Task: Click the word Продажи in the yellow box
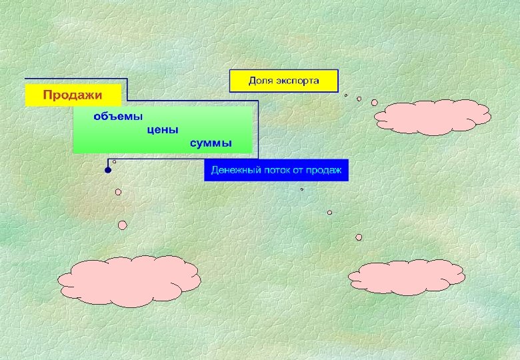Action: (73, 95)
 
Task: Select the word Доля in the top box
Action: (260, 81)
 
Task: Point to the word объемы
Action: (118, 116)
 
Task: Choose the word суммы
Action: (211, 143)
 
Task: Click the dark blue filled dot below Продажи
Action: (108, 171)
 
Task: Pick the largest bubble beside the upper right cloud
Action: (374, 103)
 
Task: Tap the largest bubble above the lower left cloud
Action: (123, 225)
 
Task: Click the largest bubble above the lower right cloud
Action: (359, 237)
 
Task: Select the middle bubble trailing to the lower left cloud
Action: (118, 192)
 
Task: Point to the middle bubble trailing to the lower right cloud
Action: (329, 213)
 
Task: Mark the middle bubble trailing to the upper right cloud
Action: (359, 99)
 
